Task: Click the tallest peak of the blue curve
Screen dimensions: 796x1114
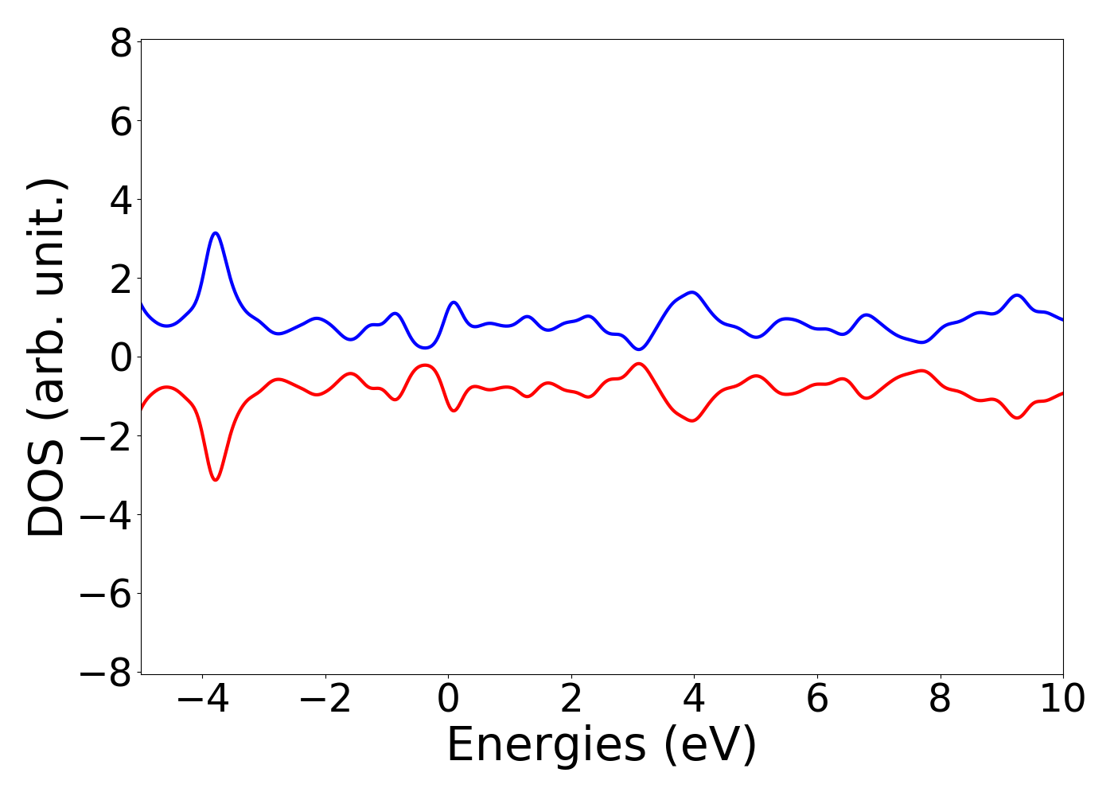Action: pyautogui.click(x=216, y=233)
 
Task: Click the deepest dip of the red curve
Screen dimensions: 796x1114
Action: pyautogui.click(x=216, y=479)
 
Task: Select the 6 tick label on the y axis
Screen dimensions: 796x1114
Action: pyautogui.click(x=121, y=121)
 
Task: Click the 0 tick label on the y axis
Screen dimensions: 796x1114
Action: pyautogui.click(x=121, y=357)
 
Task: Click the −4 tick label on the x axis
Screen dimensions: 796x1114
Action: pyautogui.click(x=202, y=700)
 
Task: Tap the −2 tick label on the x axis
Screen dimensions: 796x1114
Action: pyautogui.click(x=325, y=700)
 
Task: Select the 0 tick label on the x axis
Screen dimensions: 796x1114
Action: pyautogui.click(x=448, y=700)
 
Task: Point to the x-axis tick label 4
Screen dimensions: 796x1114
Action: pyautogui.click(x=694, y=700)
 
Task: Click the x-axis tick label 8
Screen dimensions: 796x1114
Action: pyautogui.click(x=940, y=700)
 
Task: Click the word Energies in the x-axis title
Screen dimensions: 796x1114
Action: pyautogui.click(x=546, y=746)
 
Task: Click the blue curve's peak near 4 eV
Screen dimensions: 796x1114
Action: pyautogui.click(x=693, y=292)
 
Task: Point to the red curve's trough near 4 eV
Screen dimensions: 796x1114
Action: pyautogui.click(x=693, y=420)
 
